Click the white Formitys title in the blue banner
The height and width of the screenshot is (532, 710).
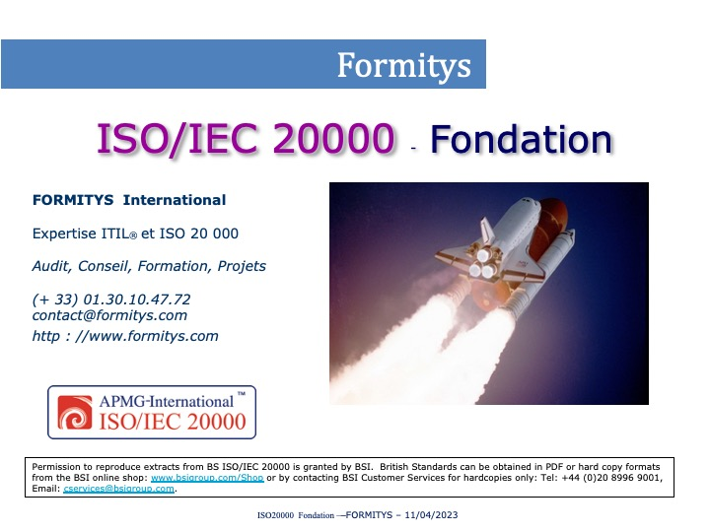(404, 66)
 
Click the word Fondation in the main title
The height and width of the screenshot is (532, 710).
(522, 139)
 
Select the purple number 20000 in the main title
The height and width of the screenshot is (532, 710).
(334, 138)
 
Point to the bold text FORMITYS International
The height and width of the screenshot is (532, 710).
(129, 200)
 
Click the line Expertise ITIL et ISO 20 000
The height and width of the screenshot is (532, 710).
(135, 233)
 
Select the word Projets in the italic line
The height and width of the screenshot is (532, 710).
(242, 266)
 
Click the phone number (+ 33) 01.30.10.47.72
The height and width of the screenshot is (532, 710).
(111, 299)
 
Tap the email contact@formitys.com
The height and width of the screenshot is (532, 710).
(109, 315)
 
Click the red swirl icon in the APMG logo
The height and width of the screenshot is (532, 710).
(75, 412)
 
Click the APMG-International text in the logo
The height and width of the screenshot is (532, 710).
(167, 401)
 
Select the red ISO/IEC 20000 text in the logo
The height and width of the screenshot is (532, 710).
(173, 422)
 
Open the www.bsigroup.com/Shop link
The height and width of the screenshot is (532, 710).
(207, 478)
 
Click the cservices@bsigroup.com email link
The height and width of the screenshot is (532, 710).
(119, 489)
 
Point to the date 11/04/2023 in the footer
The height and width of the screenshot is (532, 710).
(431, 515)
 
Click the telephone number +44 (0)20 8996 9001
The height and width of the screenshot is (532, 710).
(611, 478)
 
